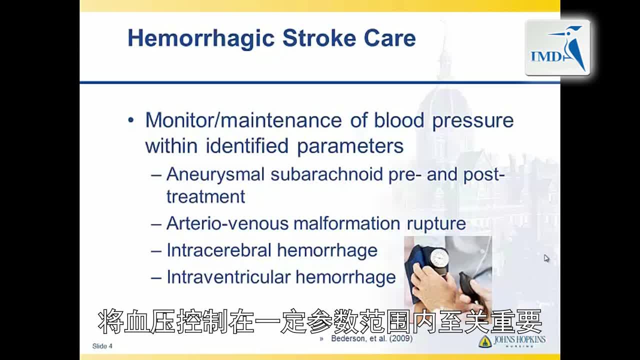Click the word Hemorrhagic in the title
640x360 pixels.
[x=201, y=39]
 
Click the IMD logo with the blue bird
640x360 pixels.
[x=557, y=47]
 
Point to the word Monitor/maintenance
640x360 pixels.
[x=243, y=120]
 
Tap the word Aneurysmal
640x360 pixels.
[x=215, y=175]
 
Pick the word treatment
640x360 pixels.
[x=205, y=196]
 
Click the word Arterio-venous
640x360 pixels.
[x=227, y=223]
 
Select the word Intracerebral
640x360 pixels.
[x=219, y=250]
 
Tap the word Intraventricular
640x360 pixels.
[x=228, y=277]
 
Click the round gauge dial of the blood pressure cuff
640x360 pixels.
[x=438, y=257]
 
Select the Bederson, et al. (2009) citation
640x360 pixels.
[x=371, y=338]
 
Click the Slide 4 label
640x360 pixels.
[x=102, y=346]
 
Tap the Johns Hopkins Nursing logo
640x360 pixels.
[x=512, y=341]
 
